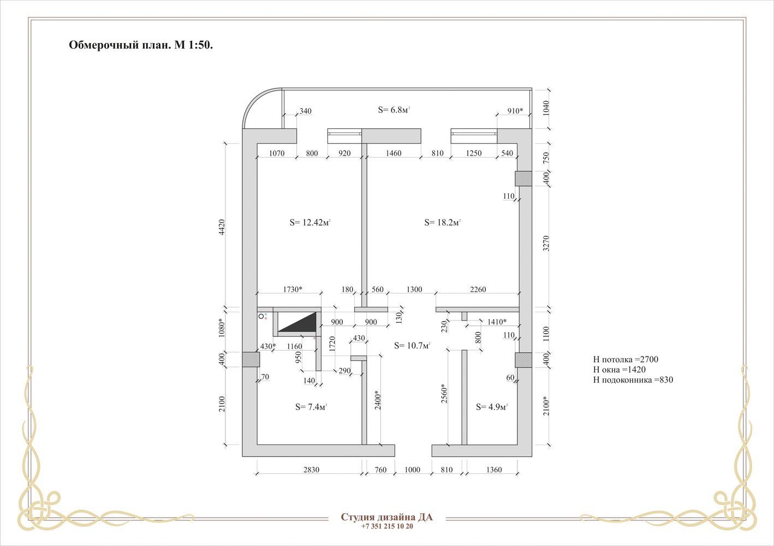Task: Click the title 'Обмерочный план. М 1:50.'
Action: pos(141,45)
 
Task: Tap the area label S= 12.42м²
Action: pos(310,223)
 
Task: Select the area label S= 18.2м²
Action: pos(443,223)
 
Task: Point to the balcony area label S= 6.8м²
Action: pos(394,110)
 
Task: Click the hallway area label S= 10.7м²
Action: pos(412,346)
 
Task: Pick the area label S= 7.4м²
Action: pos(311,407)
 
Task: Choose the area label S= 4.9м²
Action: pos(492,407)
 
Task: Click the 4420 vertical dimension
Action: pos(222,227)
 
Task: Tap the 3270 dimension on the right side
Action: pos(546,244)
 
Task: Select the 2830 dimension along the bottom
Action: pos(311,470)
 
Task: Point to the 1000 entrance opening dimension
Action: pos(412,470)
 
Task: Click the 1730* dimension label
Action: pos(293,289)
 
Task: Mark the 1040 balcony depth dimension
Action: pos(546,108)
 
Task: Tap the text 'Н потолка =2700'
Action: pos(626,359)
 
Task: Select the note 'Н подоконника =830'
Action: pos(633,380)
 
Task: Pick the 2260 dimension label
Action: pos(478,289)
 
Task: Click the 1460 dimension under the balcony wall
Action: pos(394,153)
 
